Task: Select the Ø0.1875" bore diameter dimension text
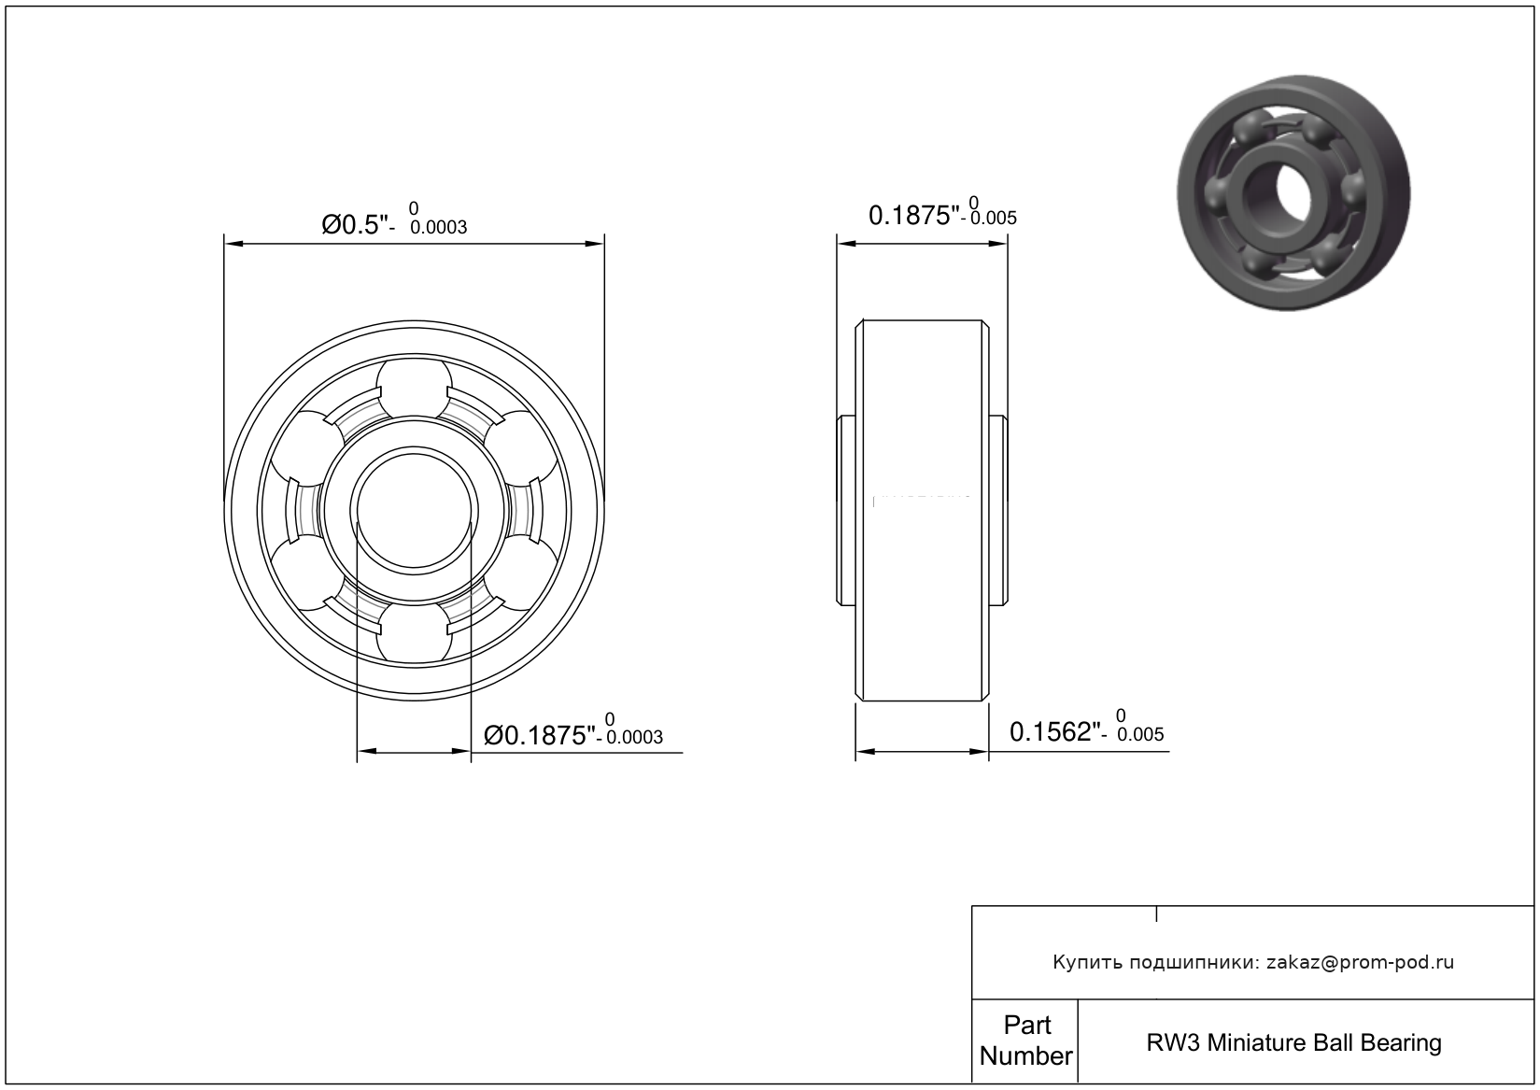click(x=540, y=735)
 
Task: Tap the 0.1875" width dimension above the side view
click(x=913, y=215)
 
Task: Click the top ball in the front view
click(x=415, y=388)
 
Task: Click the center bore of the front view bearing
click(x=415, y=510)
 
